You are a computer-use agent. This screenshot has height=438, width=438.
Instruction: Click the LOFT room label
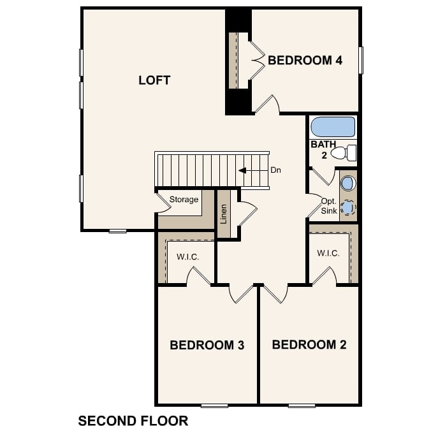(154, 80)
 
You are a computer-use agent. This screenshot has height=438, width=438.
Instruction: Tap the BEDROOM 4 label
(305, 61)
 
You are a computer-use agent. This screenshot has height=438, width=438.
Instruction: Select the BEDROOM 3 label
(207, 345)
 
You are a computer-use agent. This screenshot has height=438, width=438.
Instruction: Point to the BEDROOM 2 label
(309, 345)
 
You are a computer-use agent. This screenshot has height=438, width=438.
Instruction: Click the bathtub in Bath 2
(332, 127)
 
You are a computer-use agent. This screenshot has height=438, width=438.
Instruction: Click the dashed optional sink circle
(347, 207)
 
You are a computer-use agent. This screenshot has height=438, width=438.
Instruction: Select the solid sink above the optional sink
(347, 184)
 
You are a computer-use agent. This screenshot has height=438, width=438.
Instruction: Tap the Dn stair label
(275, 170)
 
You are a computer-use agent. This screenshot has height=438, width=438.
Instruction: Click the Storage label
(184, 200)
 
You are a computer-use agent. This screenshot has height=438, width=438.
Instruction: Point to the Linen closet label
(223, 215)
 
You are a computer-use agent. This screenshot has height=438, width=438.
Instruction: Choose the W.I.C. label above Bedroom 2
(328, 253)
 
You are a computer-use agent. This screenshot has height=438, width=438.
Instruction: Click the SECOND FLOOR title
(133, 421)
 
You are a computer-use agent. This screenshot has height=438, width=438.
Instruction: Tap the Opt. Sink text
(329, 205)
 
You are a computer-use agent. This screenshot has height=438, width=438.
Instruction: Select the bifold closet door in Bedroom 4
(256, 61)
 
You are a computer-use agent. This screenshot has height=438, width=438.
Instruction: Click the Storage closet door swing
(162, 203)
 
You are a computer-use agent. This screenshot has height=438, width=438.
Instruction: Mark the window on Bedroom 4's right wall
(361, 60)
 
